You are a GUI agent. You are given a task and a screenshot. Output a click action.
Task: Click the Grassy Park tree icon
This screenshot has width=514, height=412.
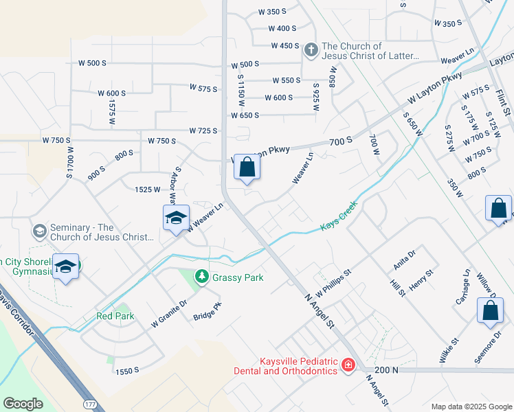(x=201, y=277)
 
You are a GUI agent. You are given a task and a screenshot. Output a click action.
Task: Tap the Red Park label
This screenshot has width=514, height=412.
(x=115, y=316)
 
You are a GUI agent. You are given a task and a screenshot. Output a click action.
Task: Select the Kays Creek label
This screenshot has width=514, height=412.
(x=339, y=215)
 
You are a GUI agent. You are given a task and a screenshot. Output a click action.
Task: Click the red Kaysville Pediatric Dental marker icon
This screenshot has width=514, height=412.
(x=348, y=365)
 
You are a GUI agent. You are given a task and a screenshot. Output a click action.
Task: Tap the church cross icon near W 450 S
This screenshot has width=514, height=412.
(x=310, y=49)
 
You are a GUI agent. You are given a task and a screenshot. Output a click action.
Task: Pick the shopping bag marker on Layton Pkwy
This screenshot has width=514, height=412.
(x=247, y=167)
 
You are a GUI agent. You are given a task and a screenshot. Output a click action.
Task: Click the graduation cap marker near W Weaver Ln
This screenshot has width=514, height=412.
(x=176, y=218)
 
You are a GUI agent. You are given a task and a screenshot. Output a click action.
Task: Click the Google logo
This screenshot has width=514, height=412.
(x=23, y=404)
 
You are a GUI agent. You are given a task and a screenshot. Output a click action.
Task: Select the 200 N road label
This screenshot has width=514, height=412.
(x=388, y=370)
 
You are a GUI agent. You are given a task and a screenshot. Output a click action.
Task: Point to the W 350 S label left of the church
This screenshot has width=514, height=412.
(x=272, y=12)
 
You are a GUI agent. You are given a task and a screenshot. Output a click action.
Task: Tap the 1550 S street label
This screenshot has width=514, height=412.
(x=127, y=370)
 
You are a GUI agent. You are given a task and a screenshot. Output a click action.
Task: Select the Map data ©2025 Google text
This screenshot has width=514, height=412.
(x=471, y=407)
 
